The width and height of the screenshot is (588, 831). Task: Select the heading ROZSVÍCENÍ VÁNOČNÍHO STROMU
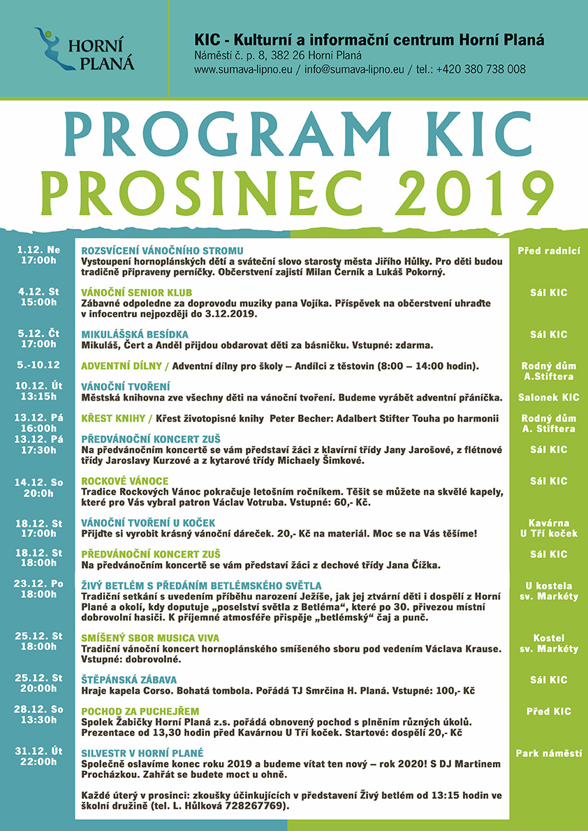[x=162, y=250]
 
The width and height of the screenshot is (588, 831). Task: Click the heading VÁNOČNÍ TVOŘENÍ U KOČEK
[x=148, y=523]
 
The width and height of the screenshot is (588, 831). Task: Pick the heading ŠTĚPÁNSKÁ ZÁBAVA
[x=129, y=680]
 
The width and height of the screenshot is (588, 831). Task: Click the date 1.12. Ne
[x=38, y=250]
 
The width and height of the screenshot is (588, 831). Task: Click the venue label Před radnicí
[x=549, y=250]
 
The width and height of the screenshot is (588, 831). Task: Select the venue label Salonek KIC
[x=549, y=397]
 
